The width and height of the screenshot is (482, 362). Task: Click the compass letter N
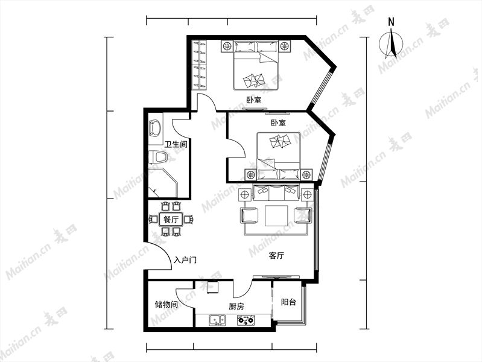pos(391,22)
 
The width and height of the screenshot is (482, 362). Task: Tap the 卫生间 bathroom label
pos(176,144)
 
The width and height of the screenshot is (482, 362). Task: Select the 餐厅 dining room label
pos(171,220)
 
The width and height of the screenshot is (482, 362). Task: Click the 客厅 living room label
pos(276,256)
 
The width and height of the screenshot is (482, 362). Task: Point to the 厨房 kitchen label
pos(236,306)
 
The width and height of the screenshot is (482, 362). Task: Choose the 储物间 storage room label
pos(166,305)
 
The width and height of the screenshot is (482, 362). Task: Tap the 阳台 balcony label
pos(288,302)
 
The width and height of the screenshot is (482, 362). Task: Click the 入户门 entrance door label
pos(185,260)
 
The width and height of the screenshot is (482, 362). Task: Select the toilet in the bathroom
pos(157,157)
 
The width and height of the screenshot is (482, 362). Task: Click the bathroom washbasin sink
pos(155,128)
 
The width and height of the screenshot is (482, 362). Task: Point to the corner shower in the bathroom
pos(163,183)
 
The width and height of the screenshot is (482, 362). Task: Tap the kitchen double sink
pos(217,320)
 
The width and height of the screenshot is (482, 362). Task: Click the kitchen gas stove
pos(246,320)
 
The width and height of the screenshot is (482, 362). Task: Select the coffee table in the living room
pos(276,215)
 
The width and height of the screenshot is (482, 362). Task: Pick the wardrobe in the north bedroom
pos(199,65)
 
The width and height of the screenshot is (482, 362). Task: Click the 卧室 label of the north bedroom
pos(254,100)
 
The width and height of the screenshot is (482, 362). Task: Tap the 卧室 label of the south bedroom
pos(278,122)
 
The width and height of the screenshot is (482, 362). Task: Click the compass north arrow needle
pos(393,43)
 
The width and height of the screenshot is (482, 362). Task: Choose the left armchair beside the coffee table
pos(249,215)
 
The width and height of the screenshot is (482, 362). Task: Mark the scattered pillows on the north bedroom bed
pos(254,81)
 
